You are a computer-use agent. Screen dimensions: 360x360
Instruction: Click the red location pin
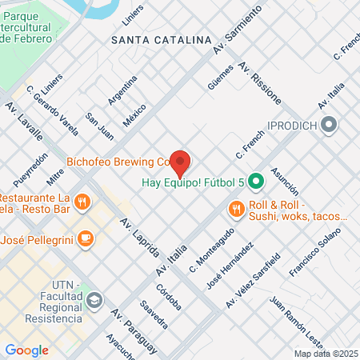pyautogui.click(x=180, y=162)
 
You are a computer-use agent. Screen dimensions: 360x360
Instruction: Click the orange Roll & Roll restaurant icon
pyautogui.click(x=235, y=210)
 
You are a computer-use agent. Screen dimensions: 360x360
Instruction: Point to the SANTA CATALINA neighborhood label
pyautogui.click(x=161, y=38)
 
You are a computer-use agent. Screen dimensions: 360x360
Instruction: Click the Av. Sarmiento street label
pyautogui.click(x=238, y=33)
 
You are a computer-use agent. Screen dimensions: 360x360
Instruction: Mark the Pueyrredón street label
pyautogui.click(x=33, y=170)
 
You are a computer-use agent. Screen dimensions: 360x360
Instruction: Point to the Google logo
pyautogui.click(x=26, y=350)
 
